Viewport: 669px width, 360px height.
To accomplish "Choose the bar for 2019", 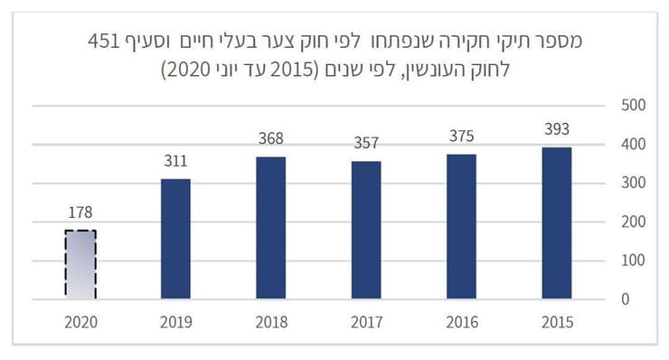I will [176, 239].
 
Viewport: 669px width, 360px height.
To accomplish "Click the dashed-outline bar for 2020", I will [80, 264].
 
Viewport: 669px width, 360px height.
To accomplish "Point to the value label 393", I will [557, 128].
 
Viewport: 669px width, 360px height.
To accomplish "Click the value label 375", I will [462, 136].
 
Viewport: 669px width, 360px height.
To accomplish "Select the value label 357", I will [366, 143].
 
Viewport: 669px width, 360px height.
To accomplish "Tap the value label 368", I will [271, 138].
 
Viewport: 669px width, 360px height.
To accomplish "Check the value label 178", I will [80, 213].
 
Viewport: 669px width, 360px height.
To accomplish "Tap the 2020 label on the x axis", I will [80, 322].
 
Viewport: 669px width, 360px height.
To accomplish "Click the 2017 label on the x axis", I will [366, 322].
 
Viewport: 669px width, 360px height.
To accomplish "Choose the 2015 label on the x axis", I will [557, 322].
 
